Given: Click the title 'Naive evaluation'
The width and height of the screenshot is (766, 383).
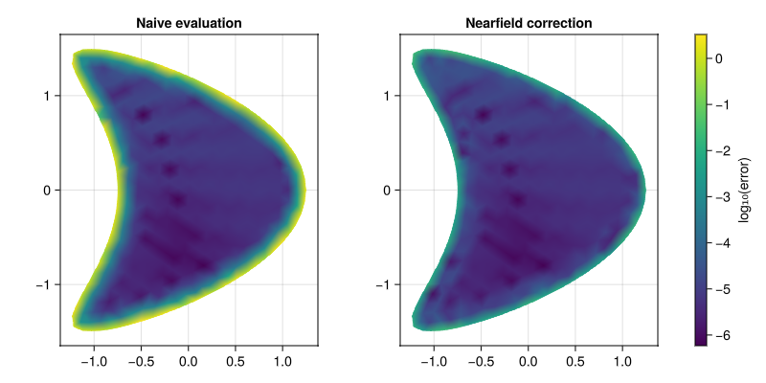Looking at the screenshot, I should pos(189,22).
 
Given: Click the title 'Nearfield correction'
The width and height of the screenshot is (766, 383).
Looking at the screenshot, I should pos(529,22).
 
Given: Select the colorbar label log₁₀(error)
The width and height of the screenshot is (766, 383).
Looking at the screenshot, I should pos(745,190).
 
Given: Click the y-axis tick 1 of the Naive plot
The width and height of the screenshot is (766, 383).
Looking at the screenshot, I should pos(48,96).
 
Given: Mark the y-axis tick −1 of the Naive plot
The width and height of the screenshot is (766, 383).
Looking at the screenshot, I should pos(44,284).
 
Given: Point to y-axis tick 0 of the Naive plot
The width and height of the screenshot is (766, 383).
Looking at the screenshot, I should pos(48,190).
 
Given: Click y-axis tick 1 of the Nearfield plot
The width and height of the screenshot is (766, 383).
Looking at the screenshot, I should pos(388,96).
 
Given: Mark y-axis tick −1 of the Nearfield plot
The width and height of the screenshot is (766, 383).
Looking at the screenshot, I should pos(384,284).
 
